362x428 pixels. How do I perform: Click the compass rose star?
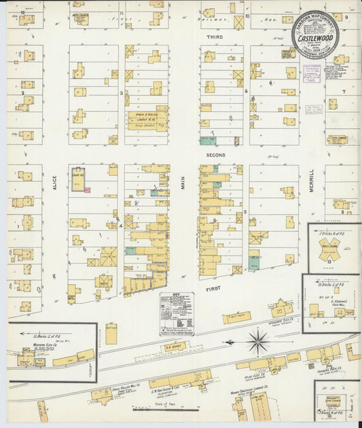(x=257, y=341)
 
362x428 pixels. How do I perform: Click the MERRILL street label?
(x=312, y=180)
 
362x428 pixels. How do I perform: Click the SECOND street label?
(x=215, y=155)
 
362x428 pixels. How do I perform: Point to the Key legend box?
(x=177, y=313)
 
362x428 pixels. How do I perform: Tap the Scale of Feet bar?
(x=156, y=410)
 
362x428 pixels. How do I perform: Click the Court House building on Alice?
(x=79, y=177)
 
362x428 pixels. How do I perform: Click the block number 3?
(x=121, y=93)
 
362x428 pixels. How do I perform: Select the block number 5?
(x=245, y=212)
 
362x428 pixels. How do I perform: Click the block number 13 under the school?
(x=329, y=260)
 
